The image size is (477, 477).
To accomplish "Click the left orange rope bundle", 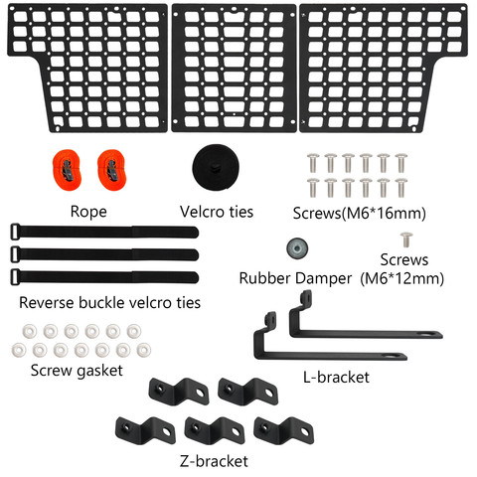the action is click(x=67, y=169).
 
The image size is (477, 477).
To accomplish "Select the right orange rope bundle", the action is click(x=112, y=169).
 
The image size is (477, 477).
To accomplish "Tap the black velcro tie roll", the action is click(x=216, y=167).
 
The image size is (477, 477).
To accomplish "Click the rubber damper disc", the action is click(x=297, y=248).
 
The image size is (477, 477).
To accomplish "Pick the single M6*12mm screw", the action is click(x=406, y=239).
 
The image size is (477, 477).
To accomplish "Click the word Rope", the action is click(x=88, y=212).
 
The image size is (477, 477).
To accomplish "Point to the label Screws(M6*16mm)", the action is click(x=360, y=213).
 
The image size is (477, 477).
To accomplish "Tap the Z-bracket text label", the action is click(x=214, y=461).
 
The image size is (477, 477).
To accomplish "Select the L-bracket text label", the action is click(x=336, y=378).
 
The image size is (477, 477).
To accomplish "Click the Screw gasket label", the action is click(x=77, y=371).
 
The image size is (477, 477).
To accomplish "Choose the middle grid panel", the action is click(x=234, y=69).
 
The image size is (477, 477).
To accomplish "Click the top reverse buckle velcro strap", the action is click(x=104, y=232).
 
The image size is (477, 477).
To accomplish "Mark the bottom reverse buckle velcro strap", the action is click(x=104, y=277).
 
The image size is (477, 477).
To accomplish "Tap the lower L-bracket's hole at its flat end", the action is click(x=393, y=357).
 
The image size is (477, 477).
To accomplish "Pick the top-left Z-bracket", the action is click(x=179, y=392).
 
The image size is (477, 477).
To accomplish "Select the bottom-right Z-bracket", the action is click(x=283, y=430).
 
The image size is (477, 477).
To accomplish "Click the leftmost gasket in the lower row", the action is click(x=19, y=350).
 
